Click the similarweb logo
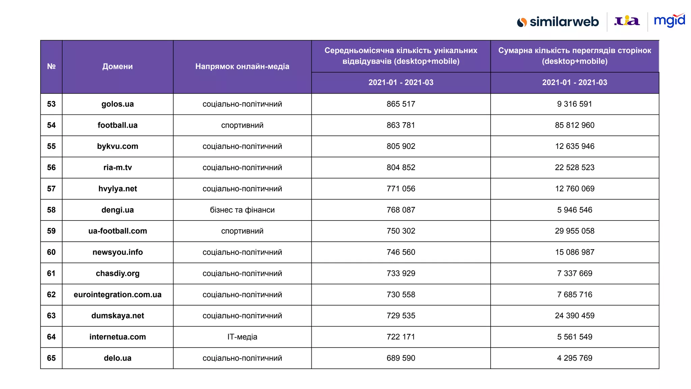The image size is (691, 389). coord(558,22)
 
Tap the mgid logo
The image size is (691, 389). coord(669,21)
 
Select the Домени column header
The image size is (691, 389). coord(117,67)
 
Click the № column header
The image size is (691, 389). coord(51,67)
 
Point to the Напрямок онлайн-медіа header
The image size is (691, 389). coord(242,67)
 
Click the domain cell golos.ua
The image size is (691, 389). coord(117,104)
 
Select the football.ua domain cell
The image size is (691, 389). coord(117,125)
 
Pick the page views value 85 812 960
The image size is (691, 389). coord(575,125)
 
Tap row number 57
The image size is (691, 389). coord(51,189)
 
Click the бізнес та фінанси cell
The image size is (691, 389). coord(242,210)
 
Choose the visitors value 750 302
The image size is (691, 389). coord(401,231)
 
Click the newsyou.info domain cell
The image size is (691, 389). coord(117,252)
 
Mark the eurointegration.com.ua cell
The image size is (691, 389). coord(117,294)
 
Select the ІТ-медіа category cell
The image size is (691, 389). coord(242,337)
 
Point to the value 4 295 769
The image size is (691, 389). coord(575,358)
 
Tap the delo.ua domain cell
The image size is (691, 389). coord(117,358)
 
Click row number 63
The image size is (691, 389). coord(51,316)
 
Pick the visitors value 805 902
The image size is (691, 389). coord(401,146)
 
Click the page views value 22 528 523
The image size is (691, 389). coord(575,167)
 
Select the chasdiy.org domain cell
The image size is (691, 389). coord(117,274)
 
